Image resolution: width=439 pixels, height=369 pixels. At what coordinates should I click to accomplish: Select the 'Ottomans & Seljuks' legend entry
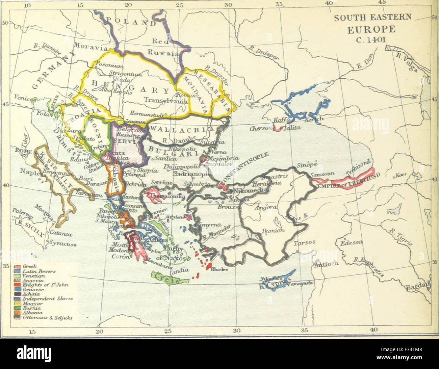pos(43,317)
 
